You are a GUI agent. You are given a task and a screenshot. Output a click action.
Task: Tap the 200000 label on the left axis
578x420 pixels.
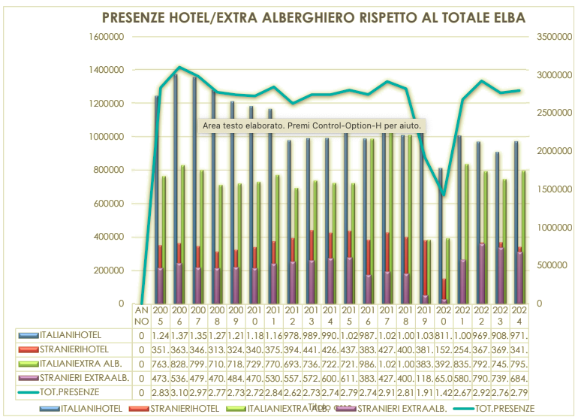tap(107, 270)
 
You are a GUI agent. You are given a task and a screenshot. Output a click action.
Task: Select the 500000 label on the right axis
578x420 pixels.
tap(551, 265)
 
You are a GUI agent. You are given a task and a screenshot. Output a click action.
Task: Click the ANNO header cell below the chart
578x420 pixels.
tap(142, 316)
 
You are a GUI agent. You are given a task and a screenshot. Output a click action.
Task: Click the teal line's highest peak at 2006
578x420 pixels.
tap(179, 68)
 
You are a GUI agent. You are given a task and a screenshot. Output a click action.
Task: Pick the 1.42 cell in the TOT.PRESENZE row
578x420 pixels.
tap(444, 391)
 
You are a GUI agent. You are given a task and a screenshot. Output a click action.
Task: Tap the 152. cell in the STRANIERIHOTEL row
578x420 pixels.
tap(444, 349)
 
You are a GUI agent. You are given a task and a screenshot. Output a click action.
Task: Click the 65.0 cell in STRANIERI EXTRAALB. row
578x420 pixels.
tap(444, 377)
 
